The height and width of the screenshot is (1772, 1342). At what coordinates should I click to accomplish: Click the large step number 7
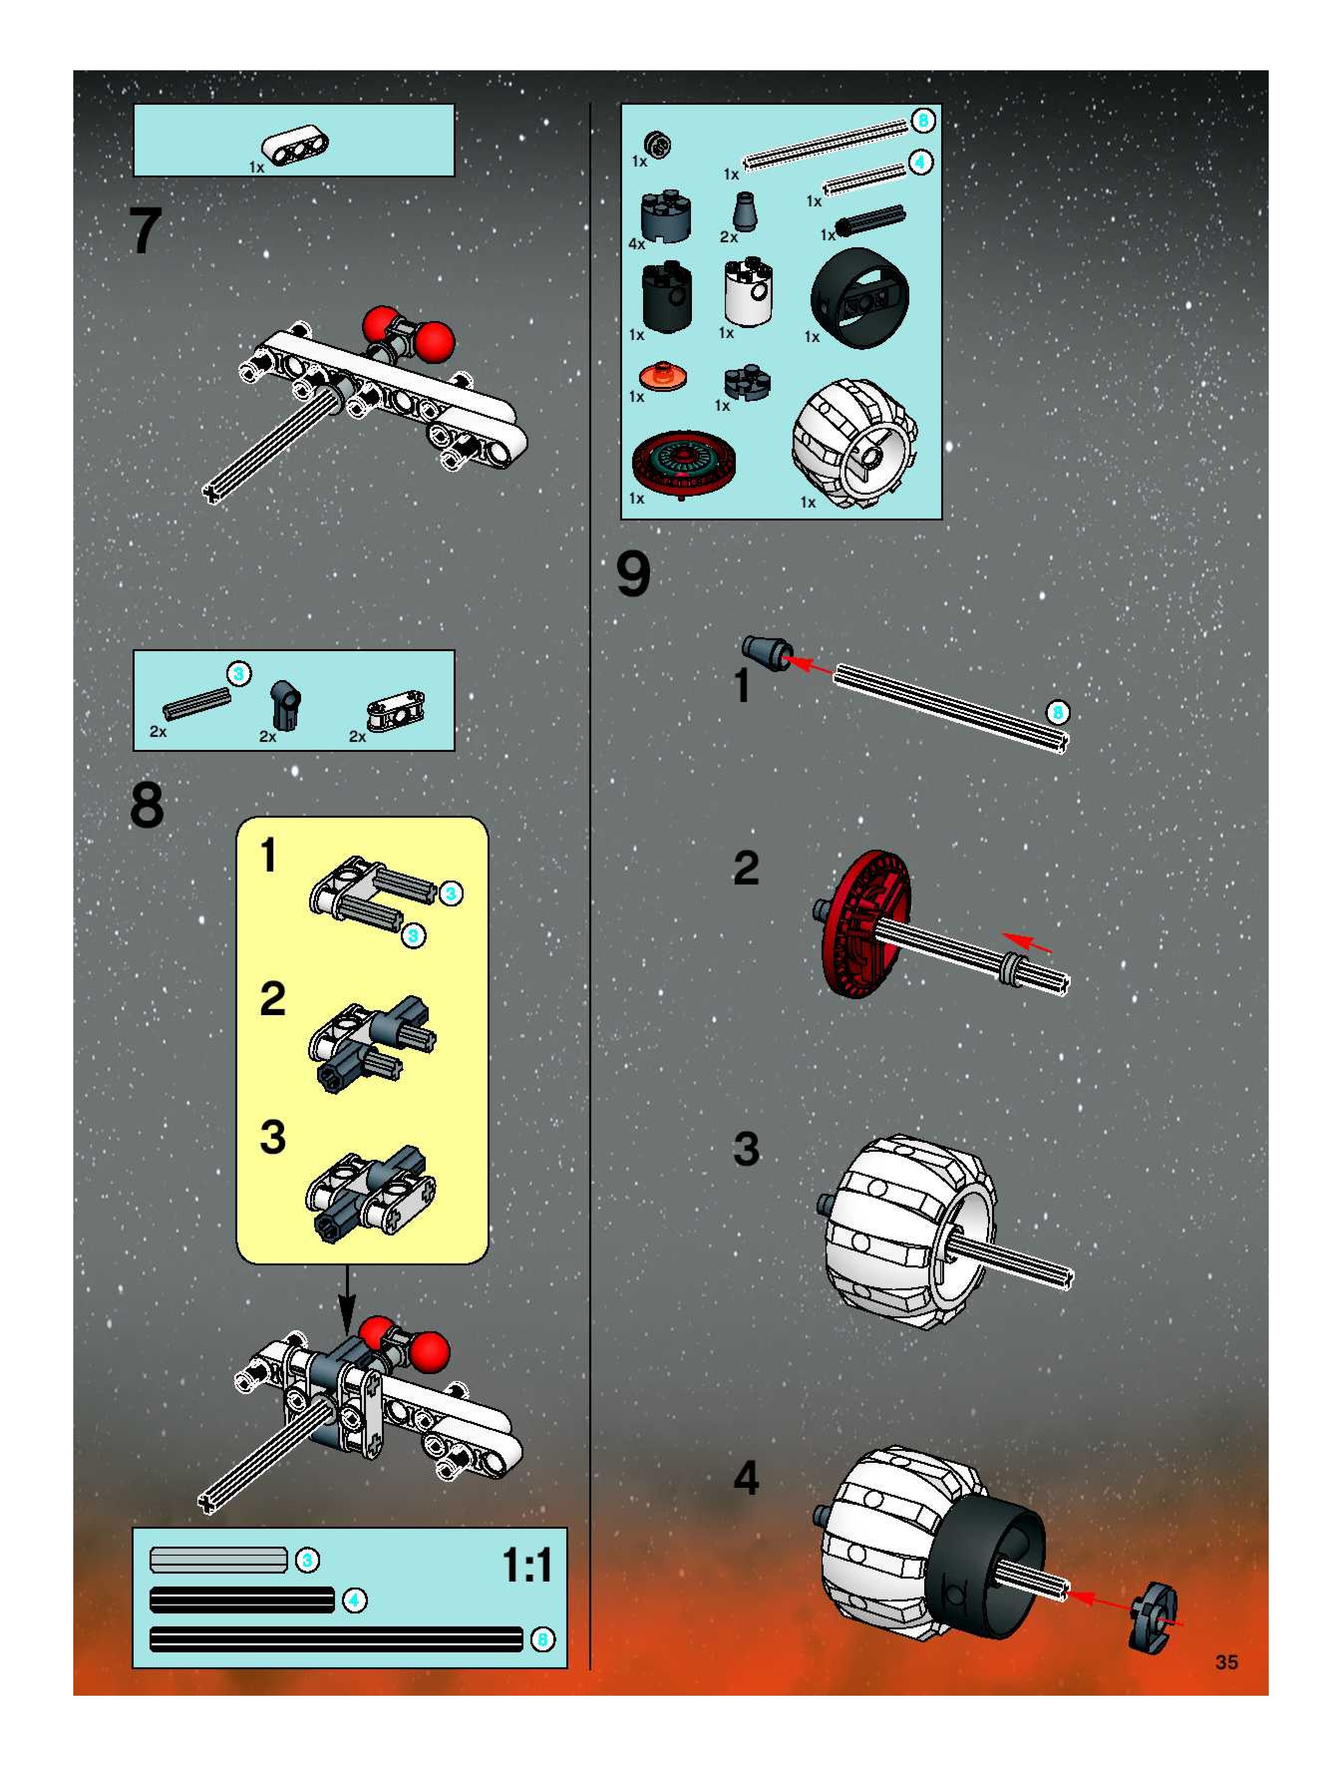click(x=146, y=231)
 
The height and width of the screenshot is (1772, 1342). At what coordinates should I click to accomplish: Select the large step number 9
click(x=633, y=574)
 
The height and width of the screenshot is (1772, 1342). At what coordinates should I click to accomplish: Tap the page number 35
click(x=1226, y=1662)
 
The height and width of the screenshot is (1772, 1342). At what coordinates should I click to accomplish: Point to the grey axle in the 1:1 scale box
click(x=218, y=1560)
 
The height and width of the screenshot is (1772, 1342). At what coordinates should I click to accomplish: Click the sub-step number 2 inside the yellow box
click(x=272, y=999)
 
